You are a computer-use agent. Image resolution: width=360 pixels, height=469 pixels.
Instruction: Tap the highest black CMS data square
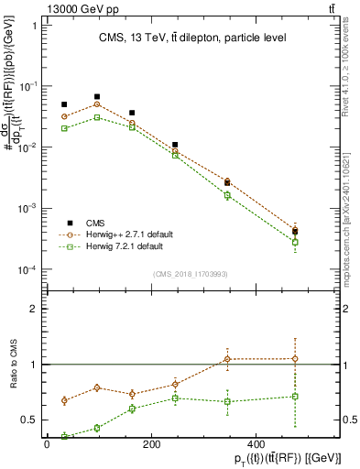(97, 96)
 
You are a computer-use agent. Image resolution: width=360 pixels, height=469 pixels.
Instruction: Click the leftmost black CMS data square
(64, 104)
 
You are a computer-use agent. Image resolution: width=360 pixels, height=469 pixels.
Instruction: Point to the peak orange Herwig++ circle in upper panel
(97, 104)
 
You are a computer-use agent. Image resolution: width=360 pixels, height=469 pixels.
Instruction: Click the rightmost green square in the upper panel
(295, 242)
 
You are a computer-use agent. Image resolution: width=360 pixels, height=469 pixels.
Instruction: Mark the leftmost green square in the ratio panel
(64, 436)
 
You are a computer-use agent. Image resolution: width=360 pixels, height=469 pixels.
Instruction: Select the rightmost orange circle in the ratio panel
(295, 359)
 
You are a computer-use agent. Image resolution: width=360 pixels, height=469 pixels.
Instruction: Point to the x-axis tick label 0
(47, 444)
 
